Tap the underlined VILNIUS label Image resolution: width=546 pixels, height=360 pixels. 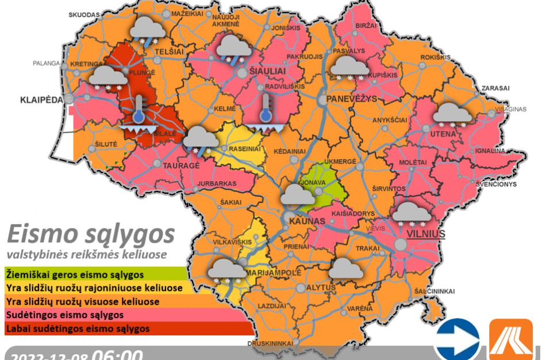[426, 234]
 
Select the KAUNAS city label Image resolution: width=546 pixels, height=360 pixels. [303, 221]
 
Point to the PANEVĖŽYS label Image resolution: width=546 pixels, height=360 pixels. [351, 99]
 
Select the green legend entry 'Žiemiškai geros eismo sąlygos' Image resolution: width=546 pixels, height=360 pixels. [75, 274]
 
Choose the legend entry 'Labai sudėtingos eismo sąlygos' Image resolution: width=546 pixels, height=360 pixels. [78, 329]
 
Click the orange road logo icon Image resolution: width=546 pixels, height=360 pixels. [510, 340]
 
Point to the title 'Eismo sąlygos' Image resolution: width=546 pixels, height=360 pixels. [90, 235]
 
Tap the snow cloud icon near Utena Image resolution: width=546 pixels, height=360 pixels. [452, 115]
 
